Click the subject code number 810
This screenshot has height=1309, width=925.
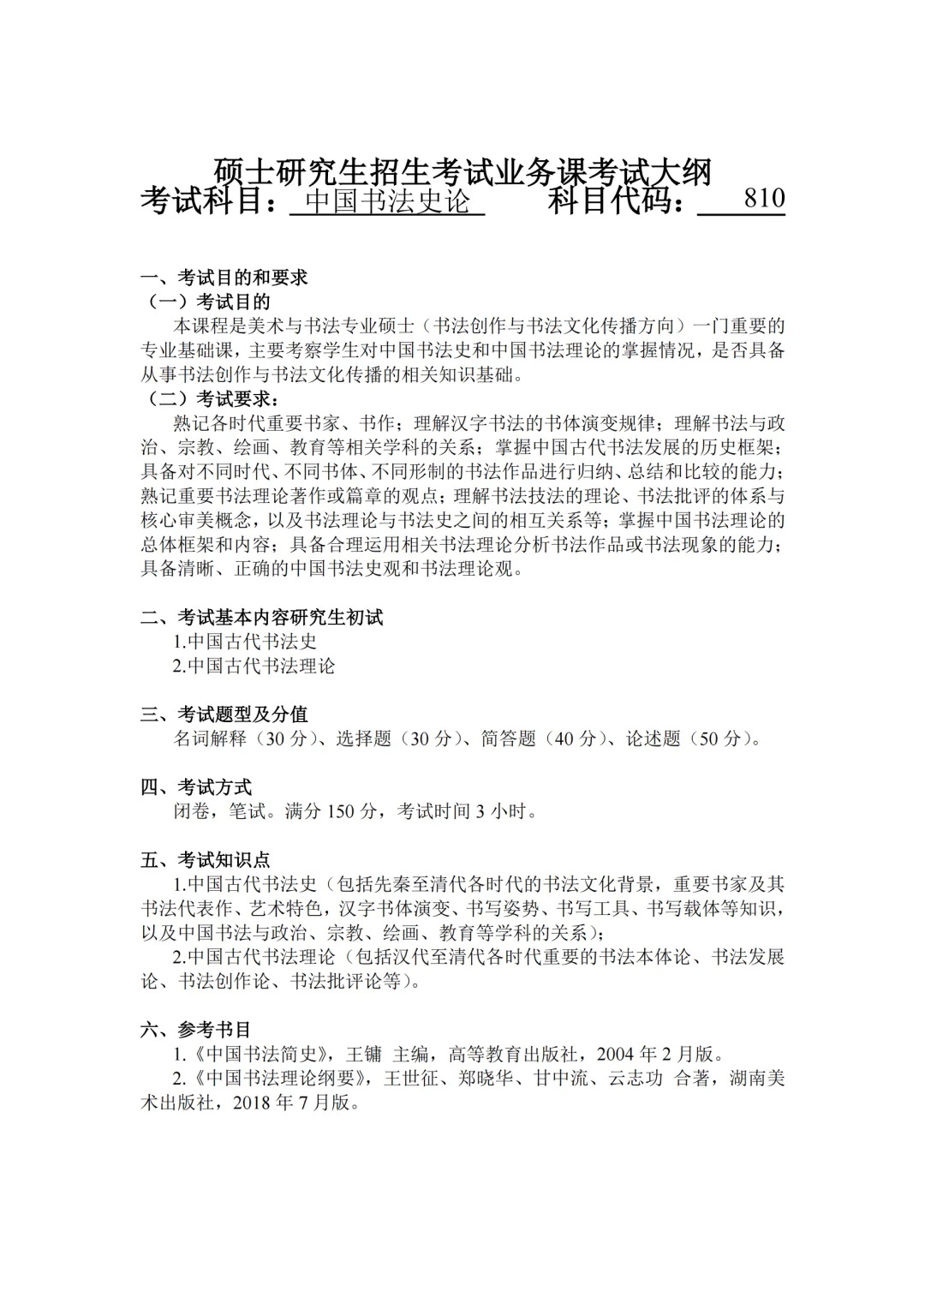[764, 199]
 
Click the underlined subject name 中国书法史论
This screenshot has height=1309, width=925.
[388, 201]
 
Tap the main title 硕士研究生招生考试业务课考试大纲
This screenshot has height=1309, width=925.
[462, 172]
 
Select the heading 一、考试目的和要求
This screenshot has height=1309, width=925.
[224, 278]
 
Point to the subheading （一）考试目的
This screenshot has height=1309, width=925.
[210, 302]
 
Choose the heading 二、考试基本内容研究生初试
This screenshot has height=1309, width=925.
[262, 617]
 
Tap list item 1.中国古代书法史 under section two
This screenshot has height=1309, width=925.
[246, 642]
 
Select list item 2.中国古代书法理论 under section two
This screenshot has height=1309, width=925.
[254, 666]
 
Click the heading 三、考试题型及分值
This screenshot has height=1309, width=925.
[224, 714]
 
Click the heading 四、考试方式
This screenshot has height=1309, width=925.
[196, 787]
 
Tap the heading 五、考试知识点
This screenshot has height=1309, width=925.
[206, 859]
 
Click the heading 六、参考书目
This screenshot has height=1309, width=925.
[196, 1030]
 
